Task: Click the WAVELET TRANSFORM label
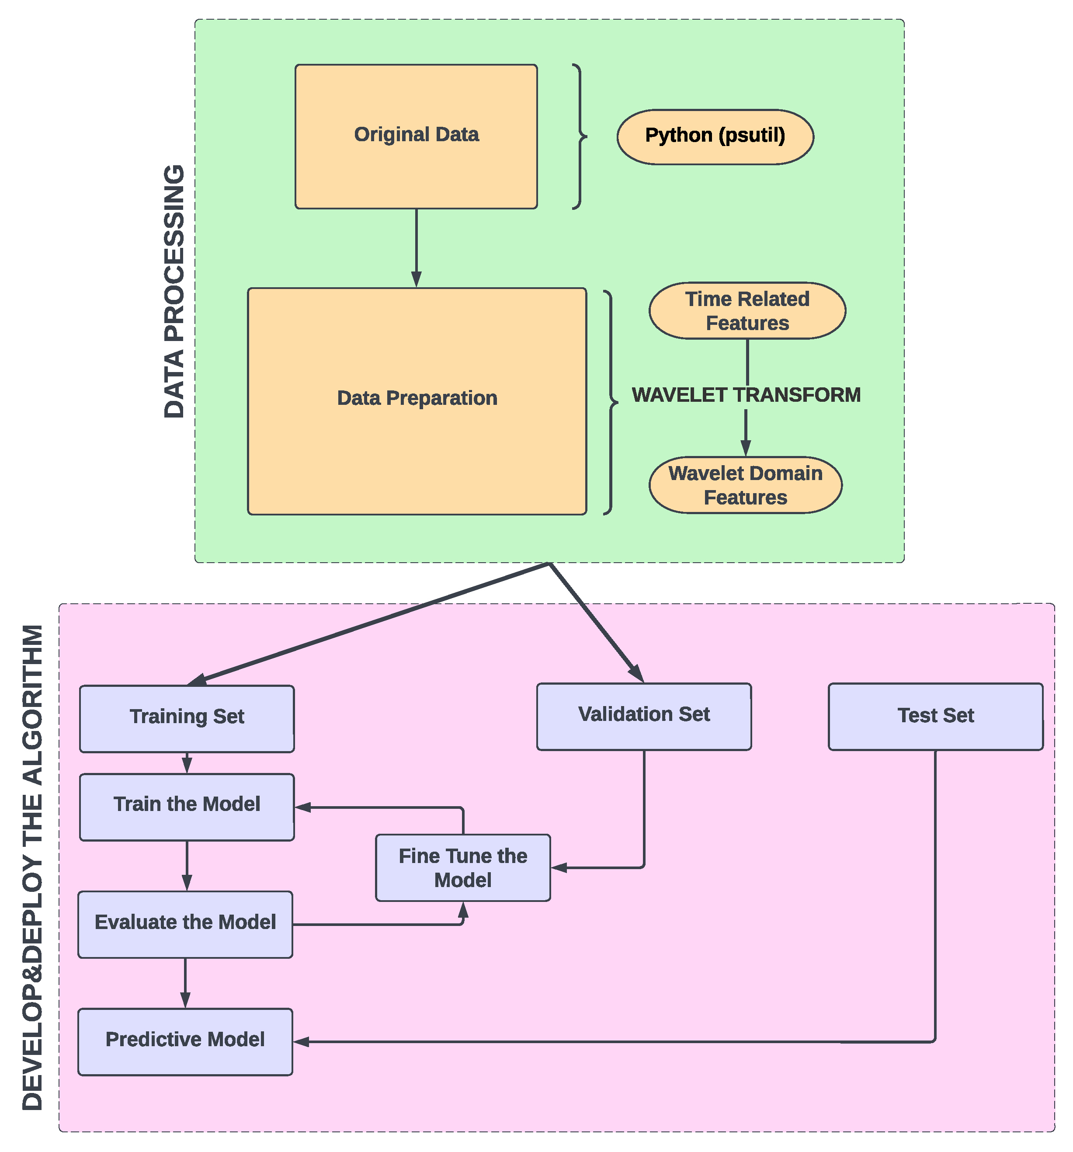click(x=746, y=395)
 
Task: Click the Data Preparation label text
click(x=417, y=398)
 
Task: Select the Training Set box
click(x=187, y=719)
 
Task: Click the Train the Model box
click(x=187, y=807)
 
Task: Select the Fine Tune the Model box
click(x=462, y=867)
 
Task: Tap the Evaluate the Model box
click(x=185, y=924)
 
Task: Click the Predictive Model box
click(x=185, y=1041)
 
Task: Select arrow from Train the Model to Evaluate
click(x=187, y=865)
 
